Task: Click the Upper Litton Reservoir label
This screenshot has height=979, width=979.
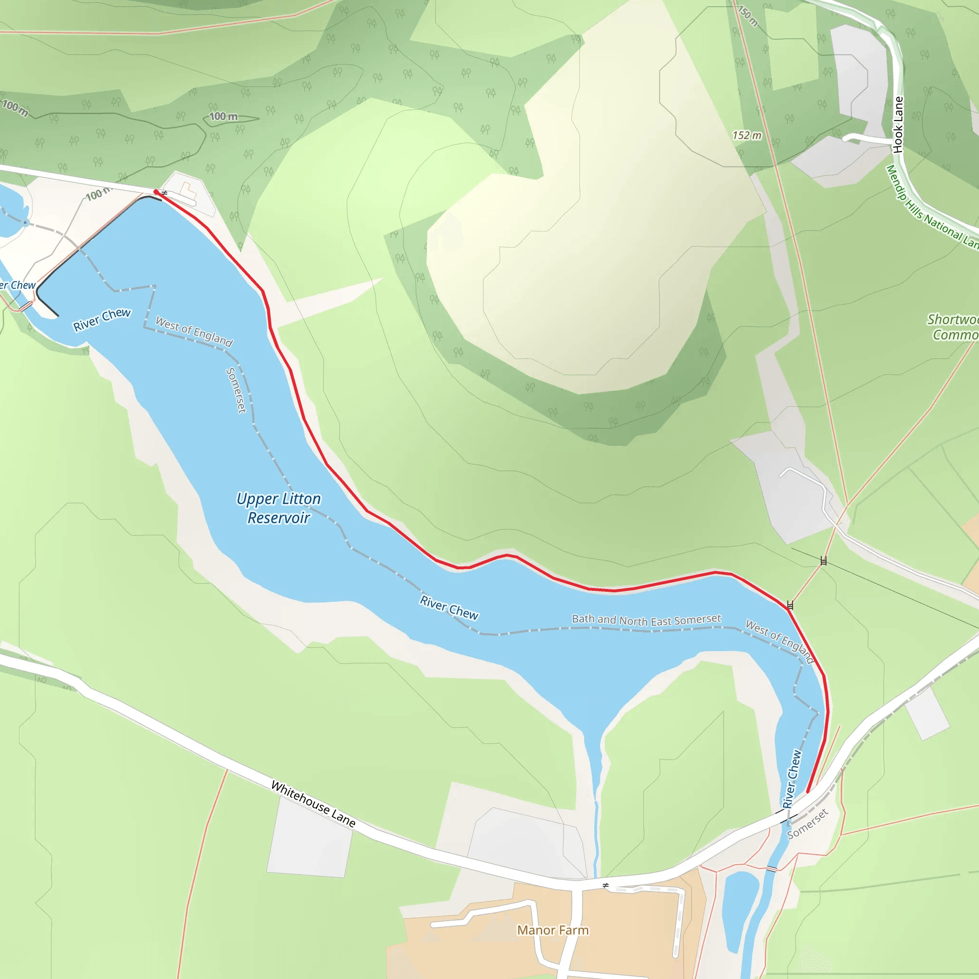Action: pyautogui.click(x=279, y=508)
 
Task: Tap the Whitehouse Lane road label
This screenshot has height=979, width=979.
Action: pyautogui.click(x=313, y=804)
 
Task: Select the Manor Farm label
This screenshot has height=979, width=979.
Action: pyautogui.click(x=553, y=930)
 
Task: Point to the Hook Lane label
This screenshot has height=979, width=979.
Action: pyautogui.click(x=898, y=125)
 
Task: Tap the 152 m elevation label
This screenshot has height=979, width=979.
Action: pyautogui.click(x=747, y=135)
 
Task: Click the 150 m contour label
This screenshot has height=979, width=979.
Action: pyautogui.click(x=748, y=15)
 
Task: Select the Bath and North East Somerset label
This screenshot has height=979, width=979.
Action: pyautogui.click(x=646, y=620)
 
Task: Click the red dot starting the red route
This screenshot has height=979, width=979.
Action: pyautogui.click(x=156, y=192)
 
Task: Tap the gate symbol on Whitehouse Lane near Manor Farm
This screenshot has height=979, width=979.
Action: pyautogui.click(x=606, y=885)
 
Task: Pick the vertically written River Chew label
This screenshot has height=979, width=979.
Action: pyautogui.click(x=792, y=779)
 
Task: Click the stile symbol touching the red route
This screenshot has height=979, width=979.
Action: pyautogui.click(x=790, y=605)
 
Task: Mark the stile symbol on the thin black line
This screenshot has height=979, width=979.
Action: pyautogui.click(x=824, y=560)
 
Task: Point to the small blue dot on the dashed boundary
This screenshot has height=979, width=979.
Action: pyautogui.click(x=25, y=222)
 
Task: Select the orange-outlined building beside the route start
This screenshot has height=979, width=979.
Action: pyautogui.click(x=188, y=191)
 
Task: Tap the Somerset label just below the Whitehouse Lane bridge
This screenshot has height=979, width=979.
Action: pyautogui.click(x=807, y=824)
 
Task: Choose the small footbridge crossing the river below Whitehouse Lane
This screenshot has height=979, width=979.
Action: pyautogui.click(x=771, y=869)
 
